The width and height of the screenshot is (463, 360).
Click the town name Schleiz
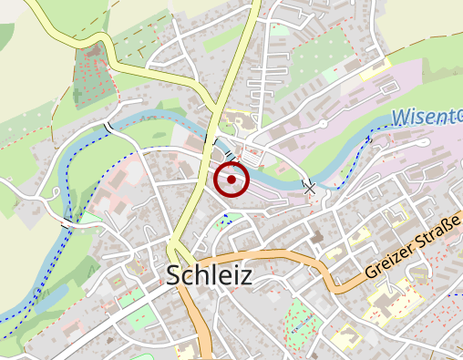coord(209,277)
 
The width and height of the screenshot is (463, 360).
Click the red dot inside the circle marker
coord(231,180)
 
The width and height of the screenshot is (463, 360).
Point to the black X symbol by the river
coord(310,187)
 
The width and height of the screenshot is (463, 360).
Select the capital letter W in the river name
coord(402,118)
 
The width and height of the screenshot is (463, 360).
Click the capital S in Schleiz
coord(175,277)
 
